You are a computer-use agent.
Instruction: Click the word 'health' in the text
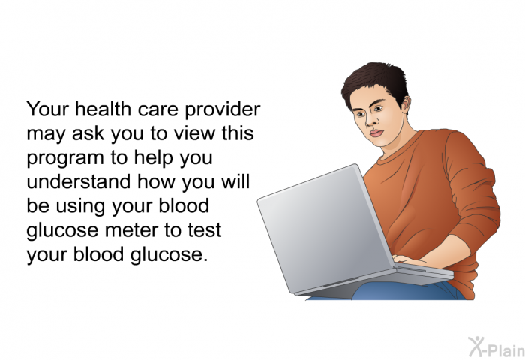click(103, 109)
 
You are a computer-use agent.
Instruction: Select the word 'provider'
click(222, 109)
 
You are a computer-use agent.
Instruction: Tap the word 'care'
click(157, 110)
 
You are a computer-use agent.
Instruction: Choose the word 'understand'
click(78, 181)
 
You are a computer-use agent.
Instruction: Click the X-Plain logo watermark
click(496, 346)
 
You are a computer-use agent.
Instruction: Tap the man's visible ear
click(406, 104)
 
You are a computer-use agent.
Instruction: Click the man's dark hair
click(375, 82)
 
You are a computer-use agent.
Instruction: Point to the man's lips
click(376, 133)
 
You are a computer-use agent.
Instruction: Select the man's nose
click(370, 121)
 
